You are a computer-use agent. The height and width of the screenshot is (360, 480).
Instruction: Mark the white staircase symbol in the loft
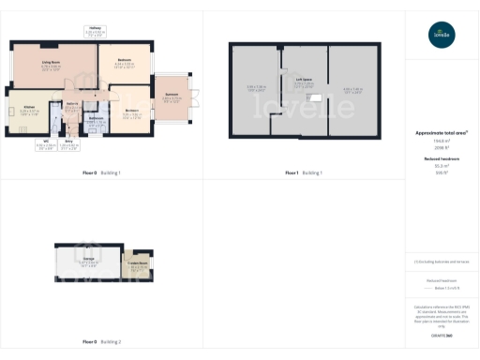316,97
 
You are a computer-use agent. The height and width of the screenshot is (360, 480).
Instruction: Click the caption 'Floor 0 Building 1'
102,173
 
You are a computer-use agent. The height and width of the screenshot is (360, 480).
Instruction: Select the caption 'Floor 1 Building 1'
304,173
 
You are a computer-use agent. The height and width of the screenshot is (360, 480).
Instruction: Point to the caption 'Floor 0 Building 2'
102,341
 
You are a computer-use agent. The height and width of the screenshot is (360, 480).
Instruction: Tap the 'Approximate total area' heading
442,133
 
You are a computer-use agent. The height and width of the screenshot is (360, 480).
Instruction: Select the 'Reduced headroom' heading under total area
442,159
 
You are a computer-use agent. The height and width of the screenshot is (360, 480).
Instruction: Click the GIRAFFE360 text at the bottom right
442,335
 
